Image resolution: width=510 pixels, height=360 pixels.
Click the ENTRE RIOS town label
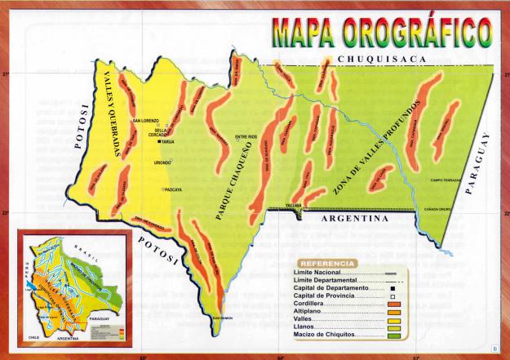click(246, 136)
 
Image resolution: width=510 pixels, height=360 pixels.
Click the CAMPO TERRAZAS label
click(447, 180)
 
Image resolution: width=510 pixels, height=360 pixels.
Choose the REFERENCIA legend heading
click(327, 264)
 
